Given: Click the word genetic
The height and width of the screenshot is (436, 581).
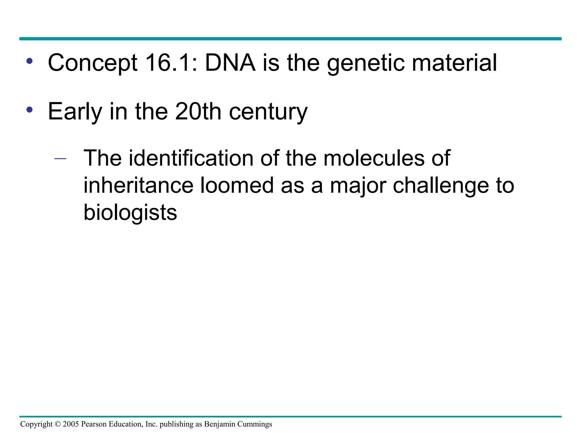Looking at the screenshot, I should (366, 63).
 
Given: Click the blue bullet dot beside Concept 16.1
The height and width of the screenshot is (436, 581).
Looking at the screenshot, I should (30, 61).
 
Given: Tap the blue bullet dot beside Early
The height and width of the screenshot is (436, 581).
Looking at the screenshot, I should (30, 110).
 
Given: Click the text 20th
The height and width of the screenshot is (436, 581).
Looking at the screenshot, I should (198, 111).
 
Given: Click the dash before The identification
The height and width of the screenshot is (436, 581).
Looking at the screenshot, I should (60, 159).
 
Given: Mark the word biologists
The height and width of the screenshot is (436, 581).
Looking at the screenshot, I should (130, 213).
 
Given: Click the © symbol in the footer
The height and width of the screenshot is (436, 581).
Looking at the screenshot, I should (58, 424).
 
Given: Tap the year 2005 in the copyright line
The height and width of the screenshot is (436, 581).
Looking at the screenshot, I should (71, 424).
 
